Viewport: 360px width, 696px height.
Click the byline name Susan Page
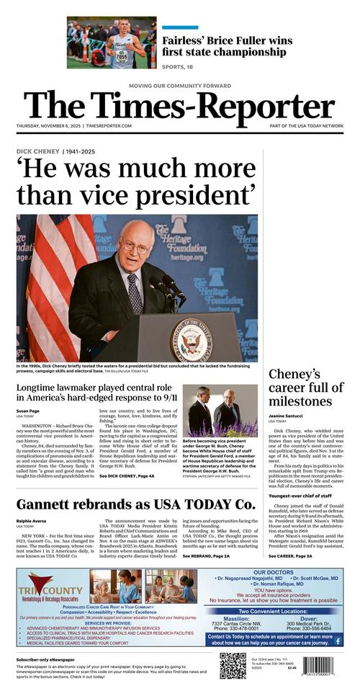(x=30, y=411)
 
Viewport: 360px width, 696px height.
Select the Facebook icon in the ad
(x=338, y=641)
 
